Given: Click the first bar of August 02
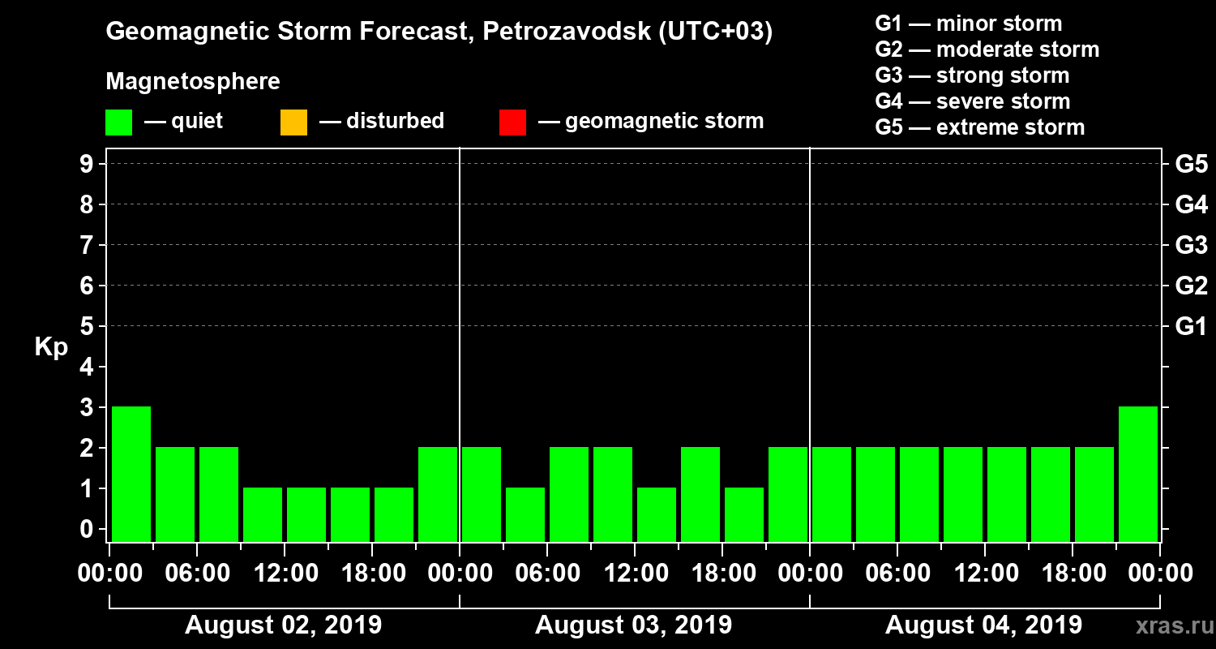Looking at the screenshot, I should point(131,474).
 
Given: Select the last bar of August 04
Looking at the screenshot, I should point(1137,474).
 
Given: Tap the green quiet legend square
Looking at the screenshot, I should point(119,122).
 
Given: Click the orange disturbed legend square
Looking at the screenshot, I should point(293,122).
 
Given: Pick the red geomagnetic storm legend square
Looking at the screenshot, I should point(512,122).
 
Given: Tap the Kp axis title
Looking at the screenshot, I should point(51,347).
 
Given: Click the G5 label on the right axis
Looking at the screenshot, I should point(1191,165).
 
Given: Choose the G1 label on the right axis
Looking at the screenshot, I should point(1191,327).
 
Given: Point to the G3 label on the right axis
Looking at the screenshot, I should point(1191,245).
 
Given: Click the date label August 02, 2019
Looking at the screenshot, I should point(283,625).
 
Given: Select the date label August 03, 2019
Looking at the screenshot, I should point(633,625).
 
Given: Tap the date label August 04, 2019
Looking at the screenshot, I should point(983,625).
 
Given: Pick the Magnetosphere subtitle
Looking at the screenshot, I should point(193,82).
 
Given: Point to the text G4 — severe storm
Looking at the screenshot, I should point(972,101).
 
